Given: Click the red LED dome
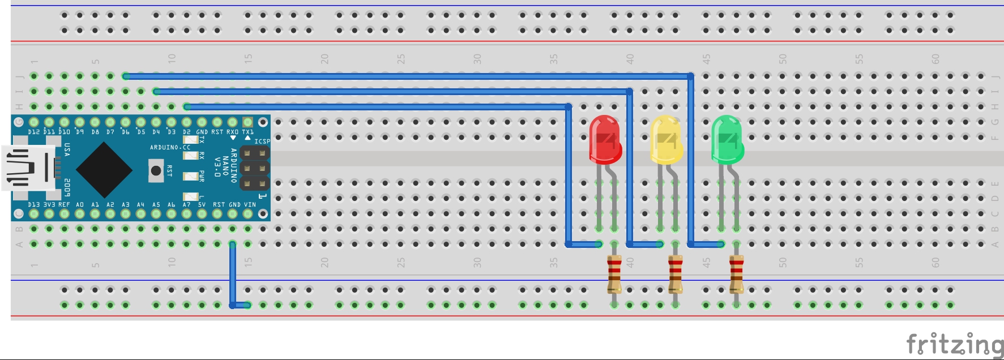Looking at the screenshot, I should tap(605, 139).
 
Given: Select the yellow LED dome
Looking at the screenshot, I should tap(666, 139).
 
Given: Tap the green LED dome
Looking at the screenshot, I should tap(727, 139).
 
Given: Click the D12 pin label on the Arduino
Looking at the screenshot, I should tap(34, 132).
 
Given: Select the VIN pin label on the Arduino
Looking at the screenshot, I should tap(250, 205).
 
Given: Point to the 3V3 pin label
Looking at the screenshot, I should tap(49, 205).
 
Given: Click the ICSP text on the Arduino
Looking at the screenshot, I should tap(262, 142).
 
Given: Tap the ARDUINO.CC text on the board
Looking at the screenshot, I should tap(170, 148).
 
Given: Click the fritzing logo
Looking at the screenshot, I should tap(954, 344).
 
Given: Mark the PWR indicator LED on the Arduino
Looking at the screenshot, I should tap(191, 176).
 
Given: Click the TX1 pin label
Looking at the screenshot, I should tap(248, 132).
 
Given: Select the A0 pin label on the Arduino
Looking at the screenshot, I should tap(80, 205).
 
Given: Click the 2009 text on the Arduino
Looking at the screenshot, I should tap(67, 186).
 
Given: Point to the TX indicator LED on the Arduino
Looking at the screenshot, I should tap(191, 140).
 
